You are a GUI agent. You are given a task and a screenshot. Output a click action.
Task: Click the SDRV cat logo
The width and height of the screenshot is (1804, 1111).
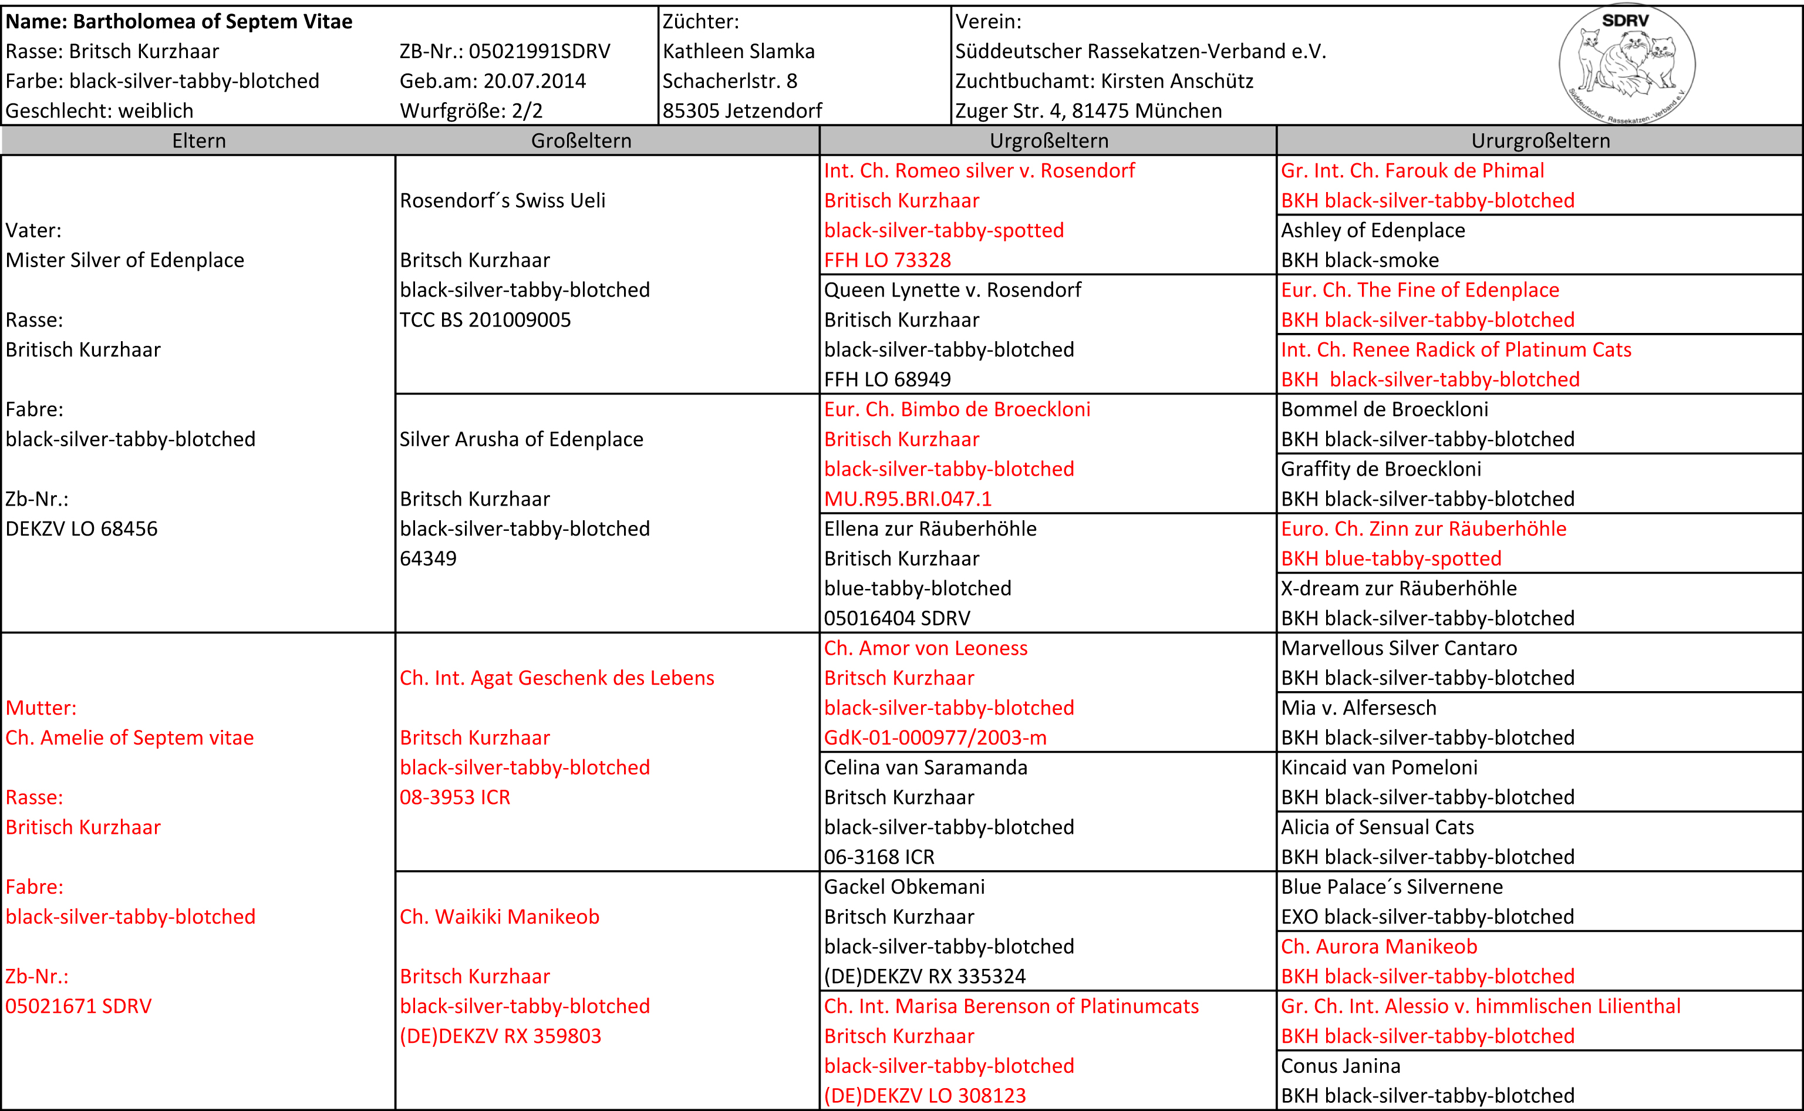1627,65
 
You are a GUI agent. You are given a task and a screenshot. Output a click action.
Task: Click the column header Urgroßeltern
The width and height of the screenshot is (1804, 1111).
1048,140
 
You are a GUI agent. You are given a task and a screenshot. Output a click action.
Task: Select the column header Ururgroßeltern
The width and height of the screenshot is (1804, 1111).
1540,140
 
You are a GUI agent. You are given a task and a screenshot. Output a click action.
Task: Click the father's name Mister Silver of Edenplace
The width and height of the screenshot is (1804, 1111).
125,260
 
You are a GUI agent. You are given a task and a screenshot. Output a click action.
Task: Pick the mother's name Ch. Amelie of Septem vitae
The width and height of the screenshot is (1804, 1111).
129,738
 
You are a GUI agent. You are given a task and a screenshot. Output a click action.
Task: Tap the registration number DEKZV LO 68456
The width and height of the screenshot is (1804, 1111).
82,529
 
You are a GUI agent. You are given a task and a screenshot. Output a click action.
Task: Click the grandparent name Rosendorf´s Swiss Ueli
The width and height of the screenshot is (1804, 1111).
503,201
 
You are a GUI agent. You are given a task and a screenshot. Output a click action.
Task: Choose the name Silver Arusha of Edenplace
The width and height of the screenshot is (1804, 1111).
521,439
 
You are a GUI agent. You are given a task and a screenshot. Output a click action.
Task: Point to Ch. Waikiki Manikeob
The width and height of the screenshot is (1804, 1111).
500,917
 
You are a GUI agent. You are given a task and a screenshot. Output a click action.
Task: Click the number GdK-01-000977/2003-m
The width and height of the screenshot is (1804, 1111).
935,738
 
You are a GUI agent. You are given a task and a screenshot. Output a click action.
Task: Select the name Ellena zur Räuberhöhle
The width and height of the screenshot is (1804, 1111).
930,529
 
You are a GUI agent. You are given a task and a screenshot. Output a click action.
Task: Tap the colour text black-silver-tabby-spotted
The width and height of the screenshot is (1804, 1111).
944,230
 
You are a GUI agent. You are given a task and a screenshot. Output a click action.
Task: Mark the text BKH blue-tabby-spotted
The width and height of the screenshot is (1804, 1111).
1391,559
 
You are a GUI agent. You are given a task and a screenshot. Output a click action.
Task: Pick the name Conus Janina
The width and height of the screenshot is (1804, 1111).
1340,1066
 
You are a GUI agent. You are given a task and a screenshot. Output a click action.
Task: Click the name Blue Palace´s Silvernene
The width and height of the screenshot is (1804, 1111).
1391,887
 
